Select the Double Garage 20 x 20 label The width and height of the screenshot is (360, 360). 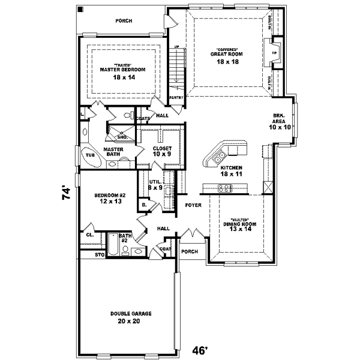click(x=130, y=317)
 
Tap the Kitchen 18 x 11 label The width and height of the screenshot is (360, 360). click(x=230, y=171)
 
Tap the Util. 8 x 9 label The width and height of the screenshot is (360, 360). click(x=156, y=184)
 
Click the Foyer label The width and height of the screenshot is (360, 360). click(x=193, y=205)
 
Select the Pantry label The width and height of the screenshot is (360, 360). click(x=176, y=97)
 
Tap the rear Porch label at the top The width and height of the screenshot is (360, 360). click(x=124, y=21)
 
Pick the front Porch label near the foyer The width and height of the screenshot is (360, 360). click(x=190, y=251)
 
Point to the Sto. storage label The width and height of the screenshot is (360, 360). click(x=100, y=255)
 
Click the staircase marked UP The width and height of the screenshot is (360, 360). click(x=176, y=66)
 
